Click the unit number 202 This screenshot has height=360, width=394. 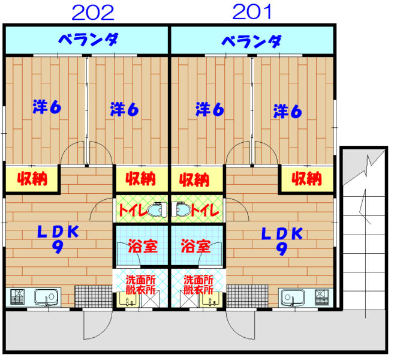pos(93,13)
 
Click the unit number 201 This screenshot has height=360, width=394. pos(252,12)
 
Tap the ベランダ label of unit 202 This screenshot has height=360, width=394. pos(88,40)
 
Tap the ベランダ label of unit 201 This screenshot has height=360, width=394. pos(251,41)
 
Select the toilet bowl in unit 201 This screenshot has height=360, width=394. pos(182,209)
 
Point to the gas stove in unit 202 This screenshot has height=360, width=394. pos(17,297)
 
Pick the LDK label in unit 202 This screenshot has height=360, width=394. pos(58,239)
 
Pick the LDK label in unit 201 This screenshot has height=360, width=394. pos(282,241)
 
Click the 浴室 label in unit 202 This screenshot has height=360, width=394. pos(143,246)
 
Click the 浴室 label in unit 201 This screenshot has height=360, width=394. pos(196,246)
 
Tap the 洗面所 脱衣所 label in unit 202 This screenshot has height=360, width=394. pos(141,284)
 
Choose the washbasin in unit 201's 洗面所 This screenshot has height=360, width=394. pos(211,299)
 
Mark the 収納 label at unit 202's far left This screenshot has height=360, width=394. pos(32,179)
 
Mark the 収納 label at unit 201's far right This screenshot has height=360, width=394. pos(307,178)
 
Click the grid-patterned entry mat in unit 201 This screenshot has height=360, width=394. pos(247,296)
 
